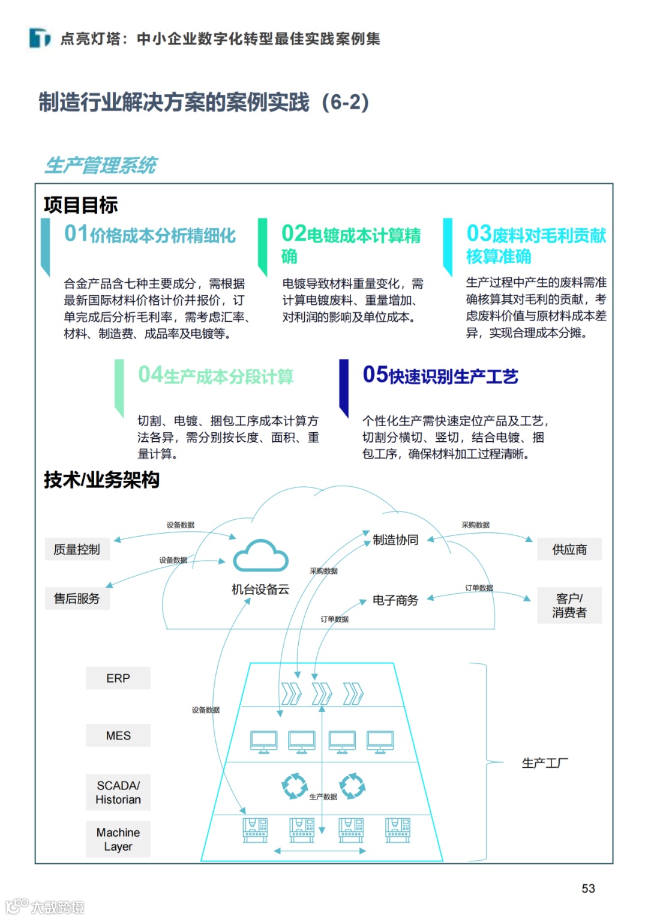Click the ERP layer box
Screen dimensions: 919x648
(118, 678)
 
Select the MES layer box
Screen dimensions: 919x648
(118, 735)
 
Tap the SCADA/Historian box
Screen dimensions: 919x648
(118, 792)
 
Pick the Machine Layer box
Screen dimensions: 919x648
(118, 839)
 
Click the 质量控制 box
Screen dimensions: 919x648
(77, 549)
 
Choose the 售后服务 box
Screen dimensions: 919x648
(77, 598)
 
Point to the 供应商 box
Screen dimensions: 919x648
(569, 549)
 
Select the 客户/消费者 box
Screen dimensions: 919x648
(569, 605)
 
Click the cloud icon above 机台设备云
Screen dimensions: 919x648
(260, 556)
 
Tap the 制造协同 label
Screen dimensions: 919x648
(395, 540)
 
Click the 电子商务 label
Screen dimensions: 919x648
(395, 600)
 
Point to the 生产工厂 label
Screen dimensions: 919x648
(545, 763)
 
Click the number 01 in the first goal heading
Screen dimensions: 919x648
(76, 234)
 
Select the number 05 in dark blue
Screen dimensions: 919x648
(375, 375)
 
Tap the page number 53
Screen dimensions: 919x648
(588, 888)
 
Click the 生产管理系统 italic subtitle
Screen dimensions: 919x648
(101, 165)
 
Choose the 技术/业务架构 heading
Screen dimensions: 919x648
(101, 480)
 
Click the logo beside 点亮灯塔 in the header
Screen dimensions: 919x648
(40, 38)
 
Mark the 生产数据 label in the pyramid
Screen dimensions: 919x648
(323, 797)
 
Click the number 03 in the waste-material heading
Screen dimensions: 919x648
(479, 234)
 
